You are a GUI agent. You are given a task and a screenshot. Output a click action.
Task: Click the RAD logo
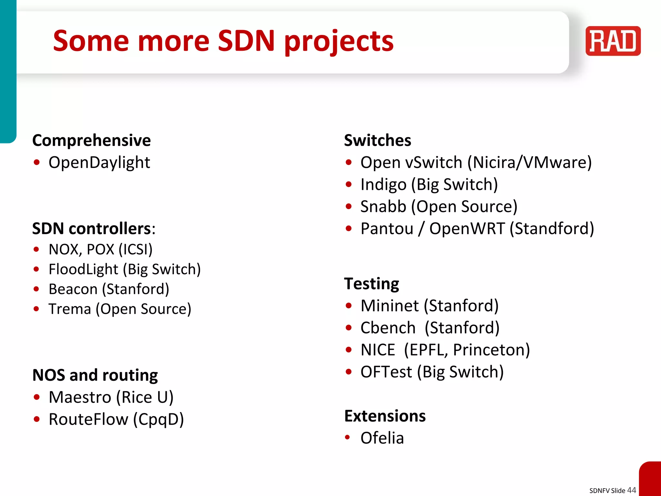(x=613, y=41)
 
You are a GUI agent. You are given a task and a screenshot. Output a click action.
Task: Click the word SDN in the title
(x=246, y=41)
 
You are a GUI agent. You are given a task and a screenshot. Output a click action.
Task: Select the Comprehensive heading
(x=91, y=140)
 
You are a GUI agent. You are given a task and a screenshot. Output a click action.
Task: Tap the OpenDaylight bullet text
(x=99, y=162)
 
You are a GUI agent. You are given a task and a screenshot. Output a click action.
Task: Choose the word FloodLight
(x=83, y=269)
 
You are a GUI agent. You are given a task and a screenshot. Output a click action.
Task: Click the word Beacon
(x=73, y=289)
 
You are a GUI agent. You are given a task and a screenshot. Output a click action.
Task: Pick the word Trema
(x=70, y=309)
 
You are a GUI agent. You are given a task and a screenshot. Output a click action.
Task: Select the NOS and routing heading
(x=95, y=375)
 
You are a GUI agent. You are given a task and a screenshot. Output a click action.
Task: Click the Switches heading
(x=377, y=140)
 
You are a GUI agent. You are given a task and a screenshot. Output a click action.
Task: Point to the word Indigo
(x=383, y=185)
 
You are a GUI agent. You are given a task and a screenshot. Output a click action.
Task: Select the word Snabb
(x=383, y=207)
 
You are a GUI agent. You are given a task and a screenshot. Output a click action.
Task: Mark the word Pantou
(x=387, y=229)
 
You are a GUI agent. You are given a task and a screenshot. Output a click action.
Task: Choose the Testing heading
(x=371, y=284)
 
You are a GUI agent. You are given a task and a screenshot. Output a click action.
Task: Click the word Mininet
(x=390, y=306)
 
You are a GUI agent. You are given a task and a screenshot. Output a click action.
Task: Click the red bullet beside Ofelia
(x=347, y=438)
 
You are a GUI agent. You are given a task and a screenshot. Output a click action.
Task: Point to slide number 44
(x=631, y=490)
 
